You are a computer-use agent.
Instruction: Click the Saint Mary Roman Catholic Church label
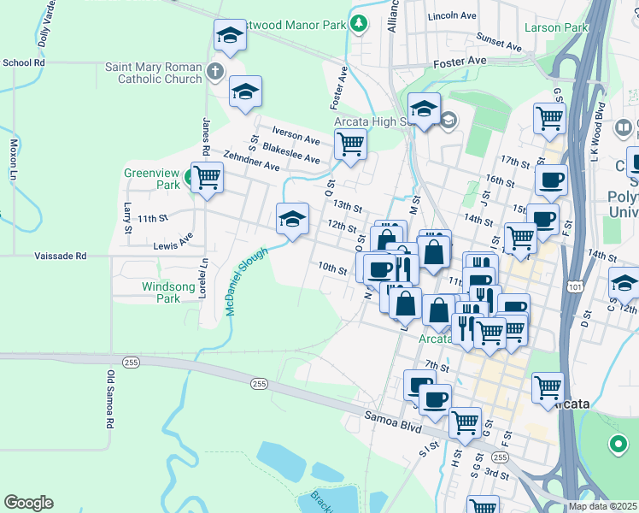click(x=154, y=73)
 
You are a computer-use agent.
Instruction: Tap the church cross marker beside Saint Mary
click(x=215, y=72)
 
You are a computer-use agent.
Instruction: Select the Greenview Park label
click(x=152, y=178)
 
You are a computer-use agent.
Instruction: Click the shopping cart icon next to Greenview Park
click(x=207, y=179)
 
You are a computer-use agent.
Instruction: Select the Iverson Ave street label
click(x=296, y=135)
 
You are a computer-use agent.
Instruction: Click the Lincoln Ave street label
click(x=453, y=16)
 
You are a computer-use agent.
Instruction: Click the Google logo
click(x=28, y=503)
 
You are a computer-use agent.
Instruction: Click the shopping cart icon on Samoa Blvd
click(x=464, y=421)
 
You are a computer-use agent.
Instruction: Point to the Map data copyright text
click(x=601, y=506)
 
